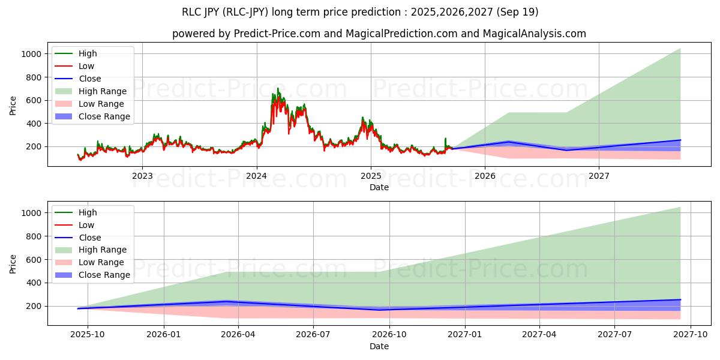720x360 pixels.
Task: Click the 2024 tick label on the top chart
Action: [x=257, y=176]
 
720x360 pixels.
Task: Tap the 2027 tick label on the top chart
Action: [x=599, y=176]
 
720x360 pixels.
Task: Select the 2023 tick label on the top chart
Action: [x=142, y=176]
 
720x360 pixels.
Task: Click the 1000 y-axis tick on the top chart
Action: [x=31, y=54]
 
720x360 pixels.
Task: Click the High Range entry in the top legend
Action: [x=103, y=91]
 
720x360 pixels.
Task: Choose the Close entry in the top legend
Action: [x=90, y=79]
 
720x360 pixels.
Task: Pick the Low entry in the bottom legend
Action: [x=86, y=225]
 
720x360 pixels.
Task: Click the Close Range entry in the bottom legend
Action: [x=104, y=275]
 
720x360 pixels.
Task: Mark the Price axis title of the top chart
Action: [x=13, y=106]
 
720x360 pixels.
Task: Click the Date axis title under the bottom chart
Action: [x=379, y=346]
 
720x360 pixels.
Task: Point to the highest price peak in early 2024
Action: [x=277, y=88]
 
